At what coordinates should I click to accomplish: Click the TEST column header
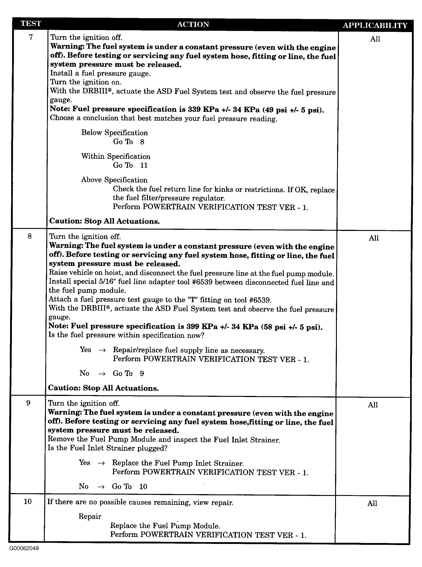(x=31, y=24)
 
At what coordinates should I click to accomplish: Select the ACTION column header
(x=193, y=24)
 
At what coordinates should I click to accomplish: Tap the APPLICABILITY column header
(x=375, y=25)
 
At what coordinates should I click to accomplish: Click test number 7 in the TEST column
(x=31, y=37)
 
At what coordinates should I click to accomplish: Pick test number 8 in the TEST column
(x=30, y=237)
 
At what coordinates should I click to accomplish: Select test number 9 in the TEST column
(x=28, y=403)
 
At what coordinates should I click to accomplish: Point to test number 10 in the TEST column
(x=28, y=502)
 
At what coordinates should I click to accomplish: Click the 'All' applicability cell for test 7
(x=375, y=39)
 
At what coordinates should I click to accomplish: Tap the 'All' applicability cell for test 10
(x=372, y=503)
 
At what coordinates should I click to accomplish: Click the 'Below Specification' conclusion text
(x=114, y=133)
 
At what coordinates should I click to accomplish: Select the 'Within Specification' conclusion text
(x=116, y=156)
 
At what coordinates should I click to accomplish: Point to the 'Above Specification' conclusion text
(x=114, y=180)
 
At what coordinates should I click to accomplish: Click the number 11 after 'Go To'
(x=144, y=165)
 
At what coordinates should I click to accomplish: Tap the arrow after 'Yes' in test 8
(x=102, y=350)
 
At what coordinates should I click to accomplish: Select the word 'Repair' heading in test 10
(x=90, y=516)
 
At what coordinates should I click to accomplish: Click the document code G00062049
(x=24, y=548)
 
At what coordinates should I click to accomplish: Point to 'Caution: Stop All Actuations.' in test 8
(x=103, y=388)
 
